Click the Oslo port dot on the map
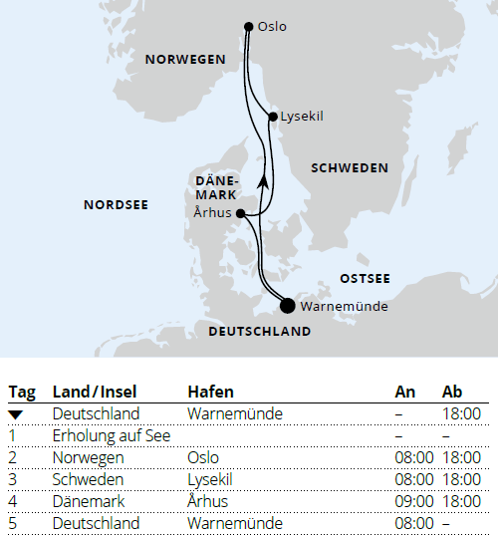[x=248, y=26]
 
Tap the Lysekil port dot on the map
[x=273, y=118]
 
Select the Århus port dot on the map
[x=241, y=213]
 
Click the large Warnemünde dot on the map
[x=288, y=306]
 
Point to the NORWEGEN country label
[x=185, y=60]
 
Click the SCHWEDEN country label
[x=350, y=168]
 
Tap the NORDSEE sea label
[x=116, y=204]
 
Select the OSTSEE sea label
[x=365, y=278]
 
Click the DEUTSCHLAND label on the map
[x=260, y=332]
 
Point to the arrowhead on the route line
[x=262, y=180]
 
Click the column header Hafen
[x=208, y=392]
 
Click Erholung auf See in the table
[x=112, y=435]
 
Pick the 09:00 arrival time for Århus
[x=414, y=501]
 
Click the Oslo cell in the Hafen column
[x=203, y=457]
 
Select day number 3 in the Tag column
[x=13, y=479]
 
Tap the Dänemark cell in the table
[x=90, y=501]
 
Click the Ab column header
[x=451, y=392]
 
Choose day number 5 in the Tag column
[x=13, y=523]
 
